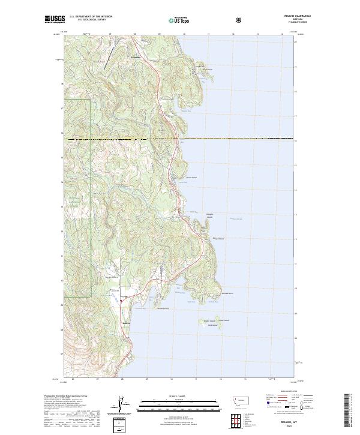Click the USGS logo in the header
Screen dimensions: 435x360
click(x=55, y=19)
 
